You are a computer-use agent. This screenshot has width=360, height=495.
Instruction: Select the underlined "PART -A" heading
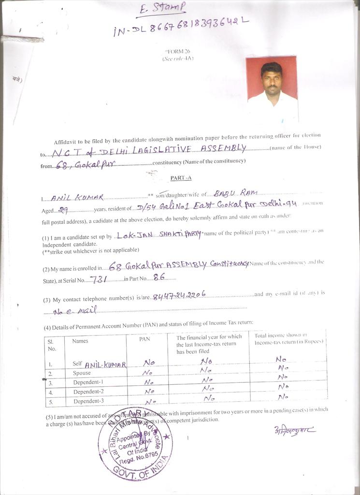181,178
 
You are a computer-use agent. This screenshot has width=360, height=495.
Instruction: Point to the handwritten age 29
63,209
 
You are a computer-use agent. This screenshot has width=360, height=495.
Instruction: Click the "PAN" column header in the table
145,339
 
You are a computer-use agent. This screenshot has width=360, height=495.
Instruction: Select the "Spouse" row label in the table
82,373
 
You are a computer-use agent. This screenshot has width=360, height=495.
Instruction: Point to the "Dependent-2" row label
88,392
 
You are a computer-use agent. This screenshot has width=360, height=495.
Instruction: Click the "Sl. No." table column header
52,345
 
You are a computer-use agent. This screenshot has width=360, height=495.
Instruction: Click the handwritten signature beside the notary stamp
294,429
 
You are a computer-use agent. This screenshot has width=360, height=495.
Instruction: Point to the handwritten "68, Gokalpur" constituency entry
83,165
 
